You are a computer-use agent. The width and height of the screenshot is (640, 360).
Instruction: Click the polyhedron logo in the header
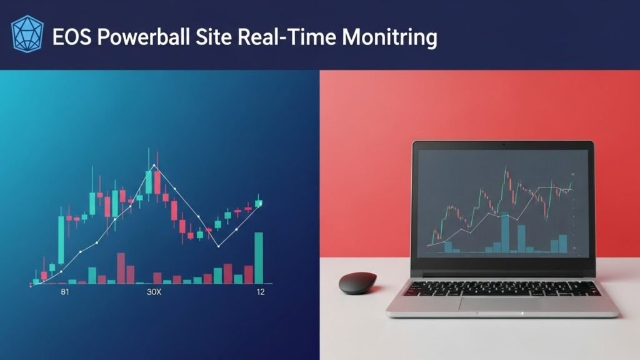27,34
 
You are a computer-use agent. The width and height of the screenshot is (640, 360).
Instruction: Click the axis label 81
65,292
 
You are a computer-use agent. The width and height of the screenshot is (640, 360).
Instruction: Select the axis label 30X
154,292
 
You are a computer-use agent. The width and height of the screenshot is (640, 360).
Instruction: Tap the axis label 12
261,292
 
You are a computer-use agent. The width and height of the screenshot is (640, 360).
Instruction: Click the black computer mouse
357,283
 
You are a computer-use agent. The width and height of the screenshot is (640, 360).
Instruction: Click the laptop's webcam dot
503,144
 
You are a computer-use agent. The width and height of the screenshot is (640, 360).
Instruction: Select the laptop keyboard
502,289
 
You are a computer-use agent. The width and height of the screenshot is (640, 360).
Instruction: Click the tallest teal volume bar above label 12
259,258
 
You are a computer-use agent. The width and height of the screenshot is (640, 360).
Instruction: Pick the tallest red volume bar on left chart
121,268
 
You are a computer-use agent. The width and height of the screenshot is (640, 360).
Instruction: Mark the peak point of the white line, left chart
154,165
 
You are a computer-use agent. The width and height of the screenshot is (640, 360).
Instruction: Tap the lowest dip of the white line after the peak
219,246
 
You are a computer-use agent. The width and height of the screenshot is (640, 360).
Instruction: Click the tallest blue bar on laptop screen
505,232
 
